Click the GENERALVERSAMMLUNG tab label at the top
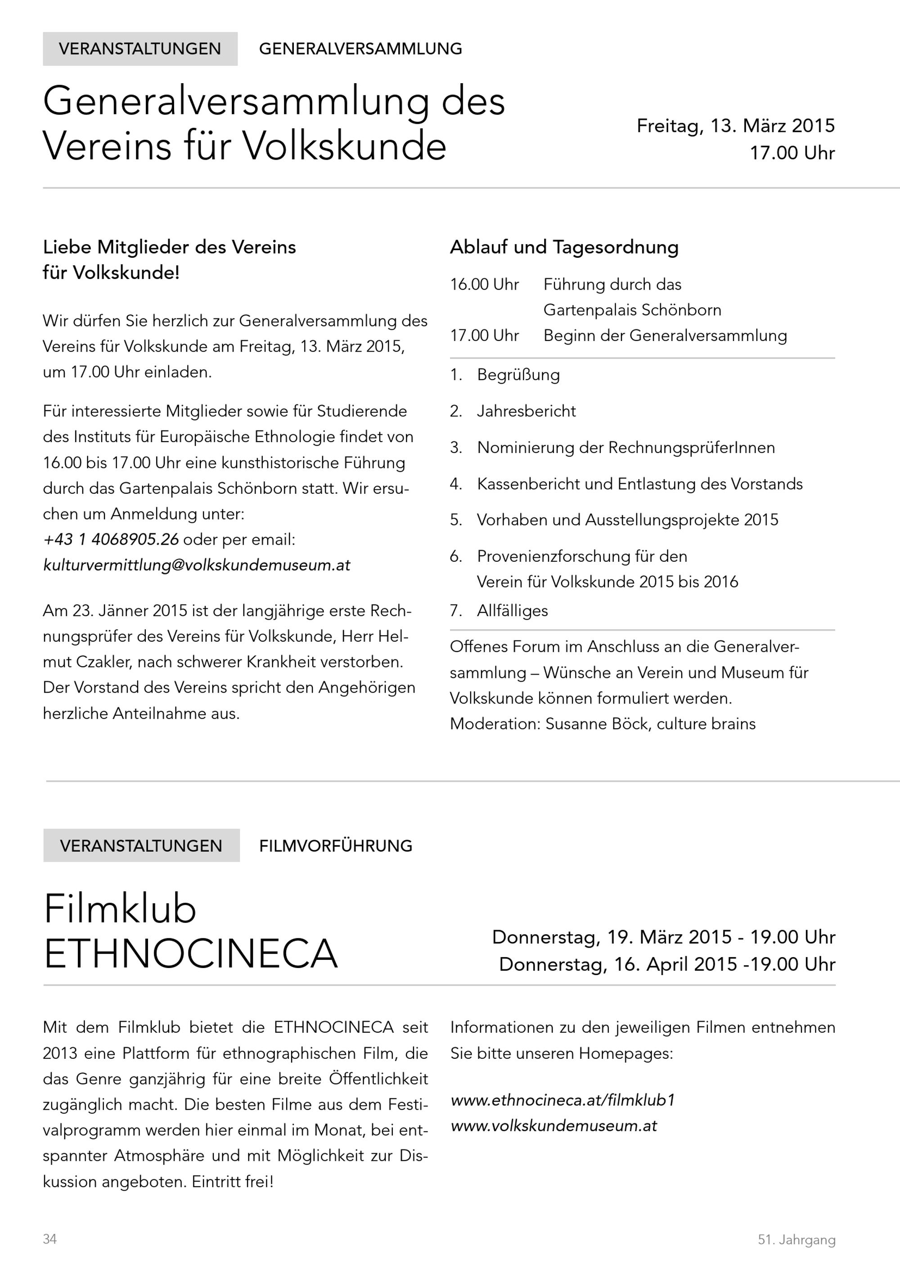(360, 49)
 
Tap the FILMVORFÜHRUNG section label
(335, 846)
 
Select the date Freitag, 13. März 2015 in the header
(735, 126)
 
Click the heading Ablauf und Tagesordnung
(564, 247)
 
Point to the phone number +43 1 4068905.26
(111, 539)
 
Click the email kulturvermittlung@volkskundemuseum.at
(197, 564)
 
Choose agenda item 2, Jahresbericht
(526, 411)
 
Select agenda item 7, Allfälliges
(512, 610)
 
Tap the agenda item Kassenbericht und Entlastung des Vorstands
(639, 484)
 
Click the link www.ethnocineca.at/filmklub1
(562, 1100)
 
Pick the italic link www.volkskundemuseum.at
(553, 1126)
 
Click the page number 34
(50, 1239)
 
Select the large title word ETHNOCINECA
(191, 954)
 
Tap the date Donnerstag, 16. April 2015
(618, 964)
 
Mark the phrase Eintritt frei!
(233, 1182)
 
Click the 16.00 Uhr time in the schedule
(484, 284)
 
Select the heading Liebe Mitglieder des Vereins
(170, 247)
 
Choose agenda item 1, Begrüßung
(517, 375)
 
